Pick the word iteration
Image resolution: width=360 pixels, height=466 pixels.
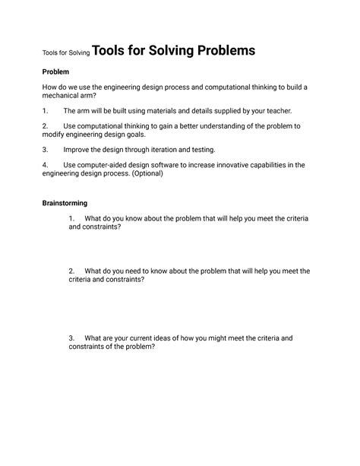[x=175, y=150]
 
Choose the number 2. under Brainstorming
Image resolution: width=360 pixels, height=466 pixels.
[x=72, y=271]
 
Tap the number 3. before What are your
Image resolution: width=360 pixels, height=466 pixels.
[x=72, y=338]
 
